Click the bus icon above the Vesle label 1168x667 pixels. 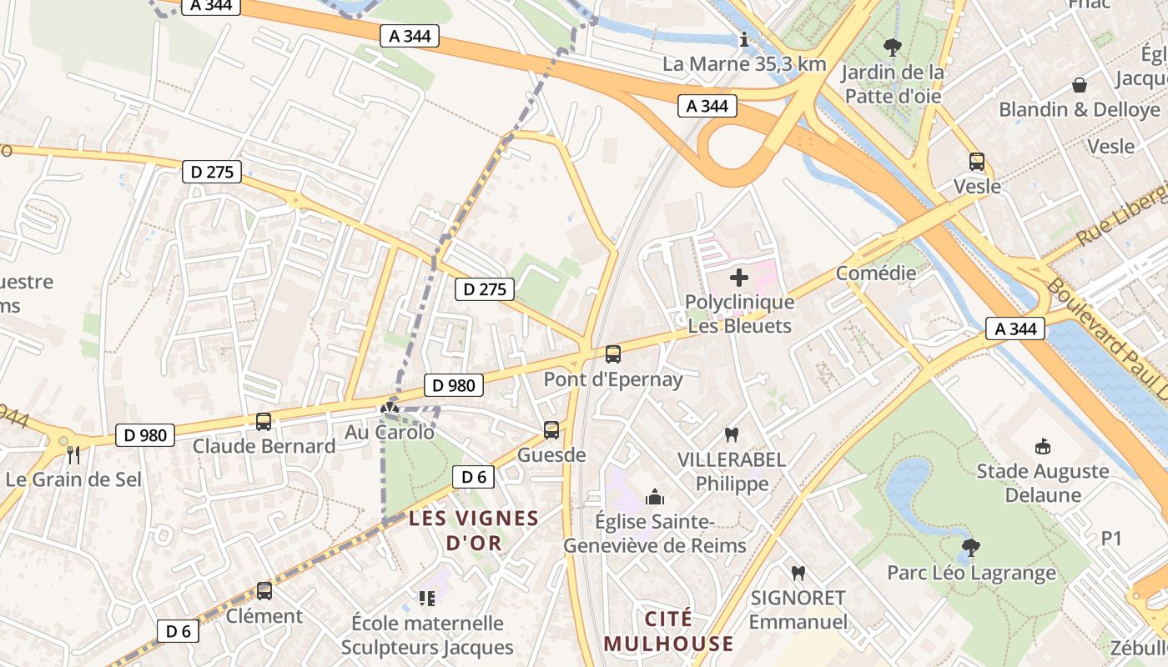click(x=976, y=162)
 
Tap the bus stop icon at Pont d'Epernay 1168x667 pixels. click(x=613, y=354)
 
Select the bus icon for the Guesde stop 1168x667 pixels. click(x=551, y=430)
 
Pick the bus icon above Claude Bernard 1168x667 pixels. click(x=264, y=422)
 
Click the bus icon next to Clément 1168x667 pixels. click(x=264, y=591)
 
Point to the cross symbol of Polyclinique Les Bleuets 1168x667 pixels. click(x=739, y=278)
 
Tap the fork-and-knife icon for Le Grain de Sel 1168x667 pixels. click(x=73, y=455)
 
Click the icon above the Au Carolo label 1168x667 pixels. click(x=389, y=409)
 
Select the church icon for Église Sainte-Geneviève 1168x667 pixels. click(x=655, y=498)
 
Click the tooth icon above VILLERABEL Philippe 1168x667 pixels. click(x=732, y=434)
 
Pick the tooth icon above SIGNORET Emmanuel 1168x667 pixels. click(x=798, y=574)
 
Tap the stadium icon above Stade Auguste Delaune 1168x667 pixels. click(x=1042, y=447)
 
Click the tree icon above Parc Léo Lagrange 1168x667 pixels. click(x=970, y=548)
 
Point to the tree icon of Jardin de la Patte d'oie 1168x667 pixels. click(x=893, y=48)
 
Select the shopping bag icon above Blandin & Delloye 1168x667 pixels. click(x=1080, y=85)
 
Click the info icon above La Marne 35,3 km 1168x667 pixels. click(x=744, y=39)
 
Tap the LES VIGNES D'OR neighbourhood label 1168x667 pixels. click(x=474, y=530)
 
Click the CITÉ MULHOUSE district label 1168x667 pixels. click(x=669, y=631)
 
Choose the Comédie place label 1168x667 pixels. click(x=876, y=273)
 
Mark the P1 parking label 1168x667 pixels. click(x=1111, y=539)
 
